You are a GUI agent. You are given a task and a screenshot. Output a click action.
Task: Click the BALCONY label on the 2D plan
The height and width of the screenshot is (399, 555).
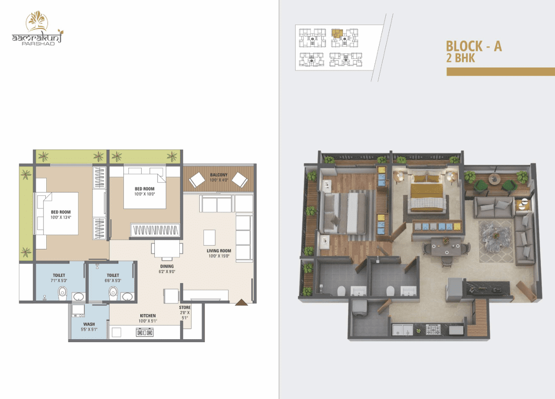[219, 175]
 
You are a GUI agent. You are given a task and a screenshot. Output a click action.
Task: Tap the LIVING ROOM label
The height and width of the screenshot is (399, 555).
[219, 251]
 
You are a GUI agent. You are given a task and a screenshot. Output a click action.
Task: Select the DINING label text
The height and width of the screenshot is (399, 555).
[167, 266]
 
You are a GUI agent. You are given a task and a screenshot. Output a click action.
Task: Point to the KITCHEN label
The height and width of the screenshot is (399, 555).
[148, 316]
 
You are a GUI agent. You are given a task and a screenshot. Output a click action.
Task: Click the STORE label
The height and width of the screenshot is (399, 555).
[185, 307]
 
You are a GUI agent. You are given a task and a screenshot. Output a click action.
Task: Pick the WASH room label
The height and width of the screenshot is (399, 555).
[89, 324]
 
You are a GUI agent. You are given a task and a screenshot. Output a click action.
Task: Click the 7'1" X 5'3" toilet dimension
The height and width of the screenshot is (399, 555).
[59, 280]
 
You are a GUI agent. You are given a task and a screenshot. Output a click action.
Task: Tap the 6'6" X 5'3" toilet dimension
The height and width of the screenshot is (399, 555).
[113, 280]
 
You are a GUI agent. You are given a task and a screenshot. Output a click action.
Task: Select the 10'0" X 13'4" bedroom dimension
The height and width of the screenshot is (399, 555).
[61, 218]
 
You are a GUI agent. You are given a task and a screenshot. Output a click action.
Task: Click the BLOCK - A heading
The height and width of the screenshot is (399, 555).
[474, 46]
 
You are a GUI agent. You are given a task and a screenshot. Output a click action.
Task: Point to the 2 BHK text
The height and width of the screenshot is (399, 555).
[460, 58]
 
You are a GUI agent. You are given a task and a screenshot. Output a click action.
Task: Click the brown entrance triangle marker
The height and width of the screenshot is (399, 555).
[242, 302]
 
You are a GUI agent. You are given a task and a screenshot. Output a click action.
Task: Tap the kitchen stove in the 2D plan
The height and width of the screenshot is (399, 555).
[145, 332]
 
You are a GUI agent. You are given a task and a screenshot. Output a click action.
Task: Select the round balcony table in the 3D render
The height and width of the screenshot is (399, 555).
[495, 179]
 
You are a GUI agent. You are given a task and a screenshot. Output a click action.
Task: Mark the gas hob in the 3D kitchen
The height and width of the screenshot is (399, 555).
[433, 330]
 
